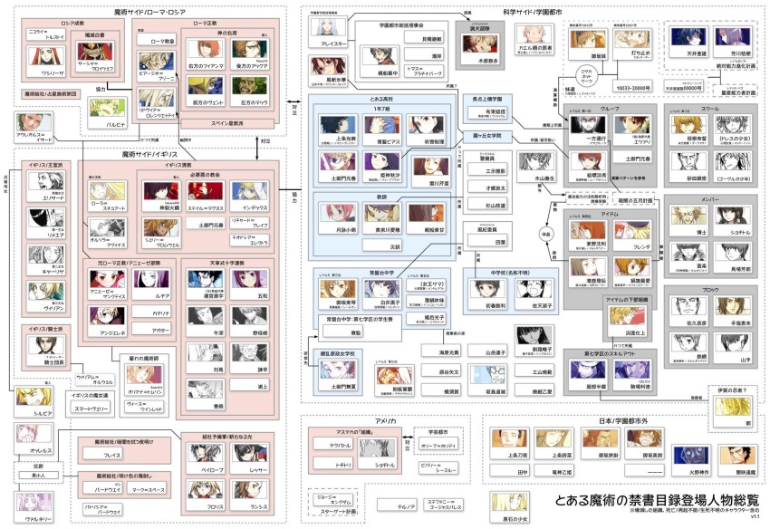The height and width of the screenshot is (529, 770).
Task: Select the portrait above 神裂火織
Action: [x=162, y=191]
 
